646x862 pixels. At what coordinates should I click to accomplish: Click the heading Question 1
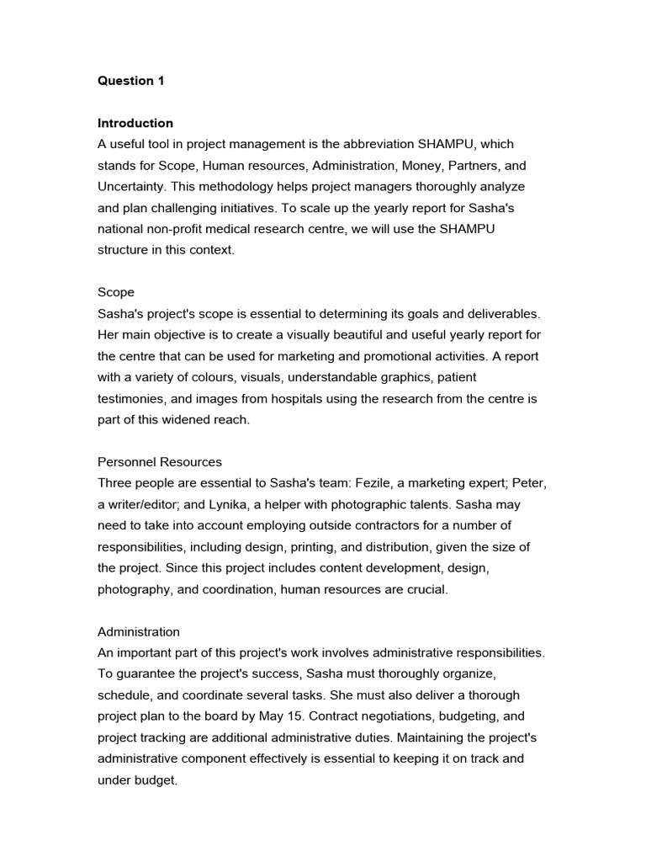[131, 81]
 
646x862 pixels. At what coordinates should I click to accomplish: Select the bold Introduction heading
[135, 123]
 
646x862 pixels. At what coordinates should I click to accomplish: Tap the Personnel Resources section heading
[160, 462]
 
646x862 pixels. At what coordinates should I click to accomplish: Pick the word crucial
[426, 589]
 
